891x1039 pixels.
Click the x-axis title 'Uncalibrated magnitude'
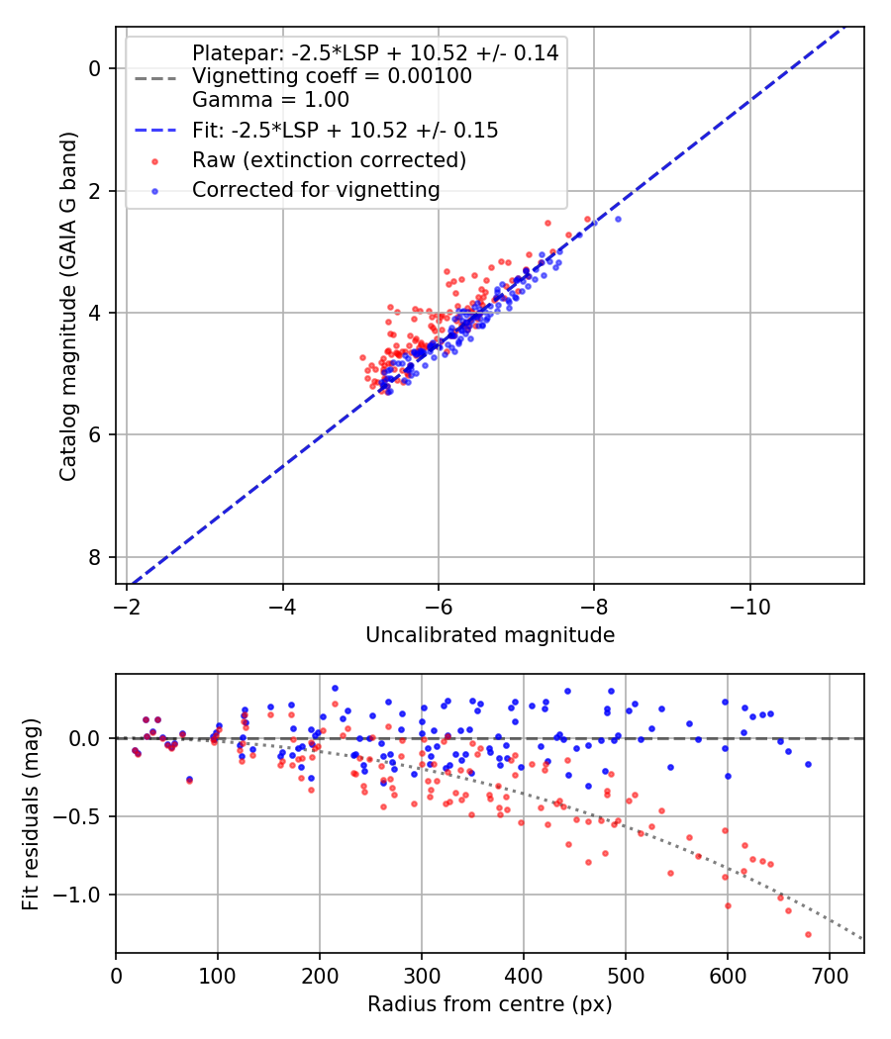pos(490,634)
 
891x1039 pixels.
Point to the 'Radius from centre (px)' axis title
pos(490,1004)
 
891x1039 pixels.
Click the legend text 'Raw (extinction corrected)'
pos(329,159)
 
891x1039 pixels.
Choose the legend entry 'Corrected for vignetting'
pos(316,189)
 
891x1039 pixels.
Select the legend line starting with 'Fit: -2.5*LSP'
pos(345,130)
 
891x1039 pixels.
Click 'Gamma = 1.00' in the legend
pos(270,100)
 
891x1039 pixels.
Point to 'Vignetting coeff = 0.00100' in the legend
pos(332,76)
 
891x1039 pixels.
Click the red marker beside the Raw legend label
pos(154,160)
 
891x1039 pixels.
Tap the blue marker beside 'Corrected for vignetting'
pos(154,190)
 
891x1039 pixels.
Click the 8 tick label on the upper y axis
pos(95,557)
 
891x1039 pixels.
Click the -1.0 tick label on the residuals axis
pos(84,895)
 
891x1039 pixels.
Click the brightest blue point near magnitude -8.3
pos(618,219)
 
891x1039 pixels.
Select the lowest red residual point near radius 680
pos(808,934)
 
